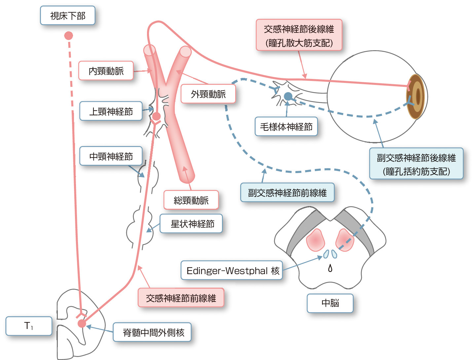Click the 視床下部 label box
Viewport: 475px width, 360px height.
click(x=68, y=16)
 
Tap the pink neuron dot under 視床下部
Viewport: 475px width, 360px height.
click(x=68, y=35)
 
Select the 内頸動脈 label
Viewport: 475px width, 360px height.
click(x=106, y=71)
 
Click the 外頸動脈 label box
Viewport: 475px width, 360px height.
click(x=208, y=94)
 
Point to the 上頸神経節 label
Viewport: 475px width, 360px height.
click(x=111, y=111)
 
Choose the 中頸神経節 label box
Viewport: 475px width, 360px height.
click(x=111, y=156)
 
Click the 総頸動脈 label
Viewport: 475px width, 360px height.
click(x=191, y=200)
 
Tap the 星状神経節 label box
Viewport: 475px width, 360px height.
click(x=192, y=224)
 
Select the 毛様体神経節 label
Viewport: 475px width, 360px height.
click(x=286, y=126)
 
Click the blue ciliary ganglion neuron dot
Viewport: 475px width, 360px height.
click(x=288, y=96)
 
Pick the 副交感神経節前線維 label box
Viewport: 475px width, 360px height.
click(x=287, y=193)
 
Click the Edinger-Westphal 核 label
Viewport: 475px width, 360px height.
click(x=232, y=271)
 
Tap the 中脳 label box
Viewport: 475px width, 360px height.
click(x=330, y=303)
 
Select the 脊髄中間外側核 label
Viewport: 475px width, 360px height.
click(x=152, y=332)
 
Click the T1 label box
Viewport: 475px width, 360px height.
click(x=29, y=326)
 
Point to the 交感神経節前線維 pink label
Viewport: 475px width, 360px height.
click(x=181, y=298)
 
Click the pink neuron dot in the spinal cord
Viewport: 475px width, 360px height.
click(x=82, y=323)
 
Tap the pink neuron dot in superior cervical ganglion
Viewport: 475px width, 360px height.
click(x=156, y=116)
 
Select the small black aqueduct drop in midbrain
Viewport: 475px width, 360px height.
click(x=330, y=268)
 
